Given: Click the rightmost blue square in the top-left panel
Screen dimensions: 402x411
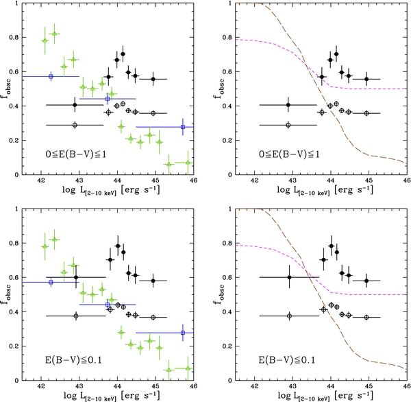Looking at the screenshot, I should pos(183,127).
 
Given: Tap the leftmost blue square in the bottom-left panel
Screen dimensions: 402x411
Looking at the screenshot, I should pos(51,282).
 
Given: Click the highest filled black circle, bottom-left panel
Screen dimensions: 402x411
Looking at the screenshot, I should pos(118,246).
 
